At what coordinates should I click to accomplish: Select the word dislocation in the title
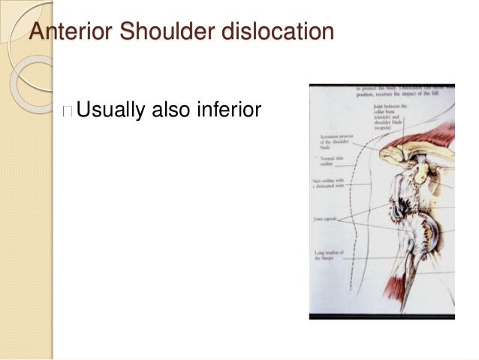[264, 33]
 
